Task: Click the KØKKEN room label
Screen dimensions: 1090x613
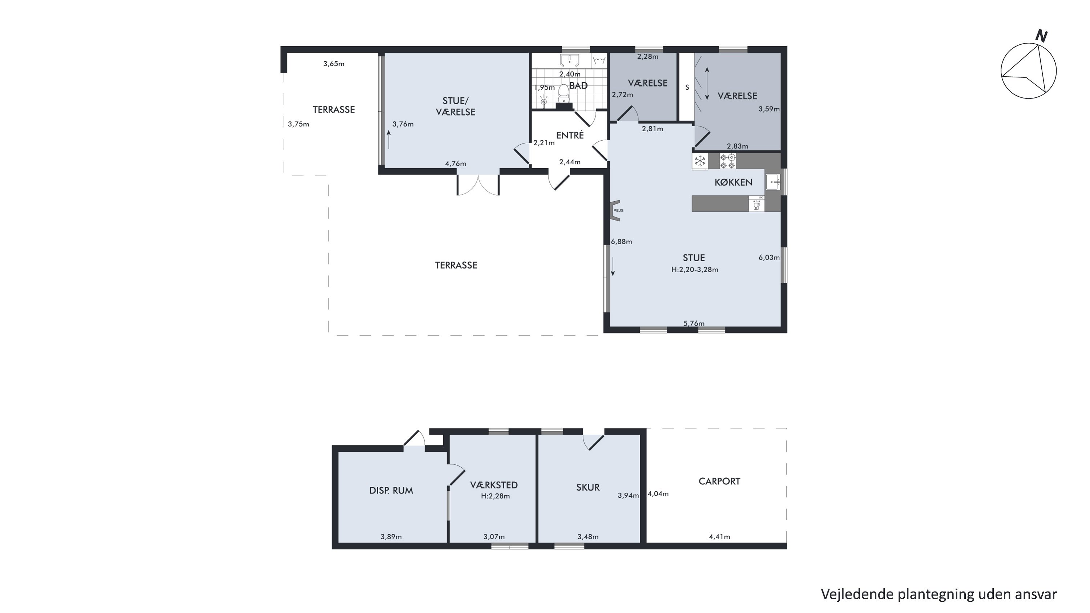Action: pos(733,182)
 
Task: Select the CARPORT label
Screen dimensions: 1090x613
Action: pos(719,481)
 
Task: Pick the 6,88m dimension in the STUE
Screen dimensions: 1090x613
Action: pos(621,242)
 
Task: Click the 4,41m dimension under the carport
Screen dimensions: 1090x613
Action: pos(719,537)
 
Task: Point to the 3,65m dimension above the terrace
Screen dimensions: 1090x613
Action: pos(334,64)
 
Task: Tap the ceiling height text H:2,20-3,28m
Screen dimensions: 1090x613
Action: pos(694,270)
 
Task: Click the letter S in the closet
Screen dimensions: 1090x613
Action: pos(687,88)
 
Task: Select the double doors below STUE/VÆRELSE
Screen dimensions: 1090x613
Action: pos(478,185)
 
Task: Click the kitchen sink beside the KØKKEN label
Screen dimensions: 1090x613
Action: pos(773,182)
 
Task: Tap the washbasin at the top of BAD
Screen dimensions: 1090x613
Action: pos(570,60)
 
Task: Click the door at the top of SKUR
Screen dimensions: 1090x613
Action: pos(593,442)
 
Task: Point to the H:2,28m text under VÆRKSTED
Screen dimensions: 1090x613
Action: pos(495,496)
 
